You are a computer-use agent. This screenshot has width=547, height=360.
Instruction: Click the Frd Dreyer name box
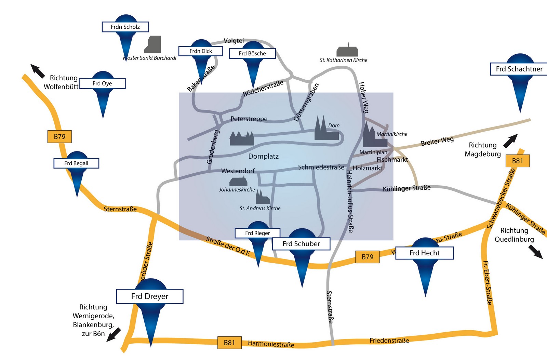pos(150,296)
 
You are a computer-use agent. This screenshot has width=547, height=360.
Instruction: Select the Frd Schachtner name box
pos(519,69)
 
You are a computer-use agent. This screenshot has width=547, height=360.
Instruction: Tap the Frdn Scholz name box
pos(125,27)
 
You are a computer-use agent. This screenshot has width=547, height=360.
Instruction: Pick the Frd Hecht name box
pos(424,253)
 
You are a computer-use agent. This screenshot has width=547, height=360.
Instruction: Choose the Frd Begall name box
pos(76,163)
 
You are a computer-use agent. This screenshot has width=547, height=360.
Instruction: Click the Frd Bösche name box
pos(252,54)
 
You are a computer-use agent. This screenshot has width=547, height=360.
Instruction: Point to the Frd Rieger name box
pos(257,233)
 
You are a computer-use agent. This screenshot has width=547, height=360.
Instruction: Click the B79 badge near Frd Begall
pos(59,137)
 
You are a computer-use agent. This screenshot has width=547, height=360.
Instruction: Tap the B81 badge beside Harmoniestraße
pos(229,343)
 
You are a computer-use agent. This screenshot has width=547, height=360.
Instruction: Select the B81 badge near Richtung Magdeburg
pos(517,161)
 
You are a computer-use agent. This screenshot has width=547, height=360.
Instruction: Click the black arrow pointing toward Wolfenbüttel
pos(38,70)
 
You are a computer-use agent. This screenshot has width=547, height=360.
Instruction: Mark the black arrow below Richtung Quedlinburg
pos(535,252)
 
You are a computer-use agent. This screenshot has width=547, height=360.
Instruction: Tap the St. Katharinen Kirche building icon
pos(347,51)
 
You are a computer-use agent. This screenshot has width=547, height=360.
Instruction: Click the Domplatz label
pos(263,157)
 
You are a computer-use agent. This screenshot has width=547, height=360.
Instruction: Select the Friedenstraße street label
pos(389,341)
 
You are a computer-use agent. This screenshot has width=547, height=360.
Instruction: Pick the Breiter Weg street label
pos(437,141)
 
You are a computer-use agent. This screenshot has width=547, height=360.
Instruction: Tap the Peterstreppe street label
pos(249,119)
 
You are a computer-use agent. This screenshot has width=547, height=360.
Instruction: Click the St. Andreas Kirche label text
pos(260,209)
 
